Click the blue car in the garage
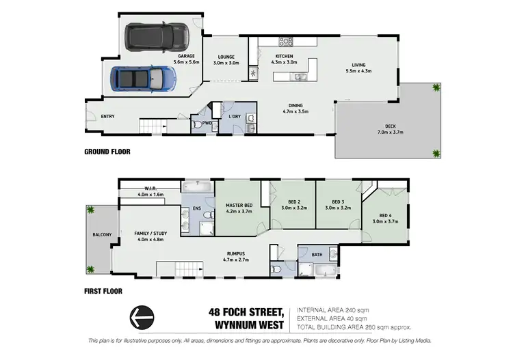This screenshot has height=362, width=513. tap(145, 79)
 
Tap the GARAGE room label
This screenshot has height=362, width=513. tap(187, 56)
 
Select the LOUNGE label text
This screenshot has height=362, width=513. tap(226, 57)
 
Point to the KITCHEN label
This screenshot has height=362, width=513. tap(284, 56)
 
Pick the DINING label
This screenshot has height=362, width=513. tap(295, 105)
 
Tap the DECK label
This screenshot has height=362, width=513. tap(390, 126)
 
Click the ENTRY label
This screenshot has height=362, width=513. tap(107, 117)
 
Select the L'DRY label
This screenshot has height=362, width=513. tap(235, 117)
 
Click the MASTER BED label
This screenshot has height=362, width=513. tap(239, 206)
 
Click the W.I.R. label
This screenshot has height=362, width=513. tap(151, 189)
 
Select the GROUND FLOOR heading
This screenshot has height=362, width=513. tap(107, 152)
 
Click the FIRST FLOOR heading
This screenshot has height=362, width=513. tap(103, 291)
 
